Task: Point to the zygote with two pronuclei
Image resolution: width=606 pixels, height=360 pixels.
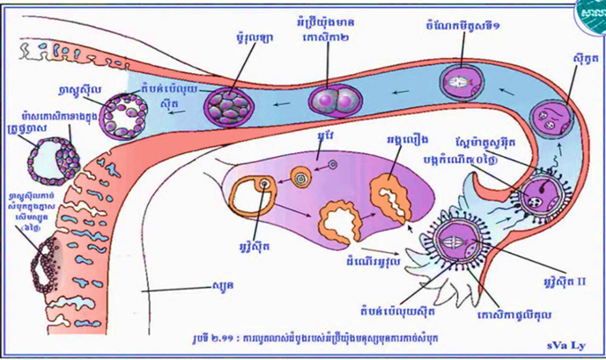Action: coord(547,119)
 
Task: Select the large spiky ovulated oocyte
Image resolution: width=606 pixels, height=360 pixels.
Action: coord(461,238)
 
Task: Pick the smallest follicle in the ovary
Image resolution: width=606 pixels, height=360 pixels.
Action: coord(332,164)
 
